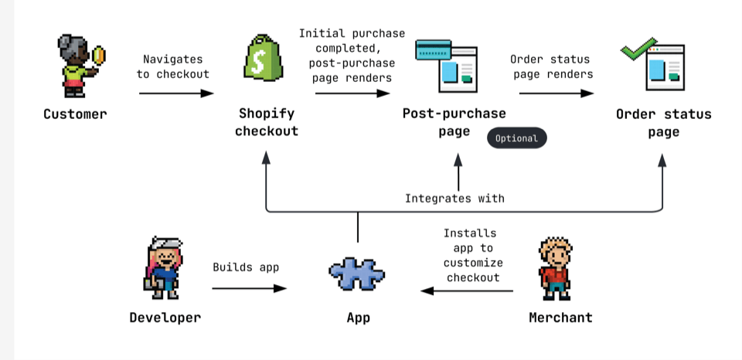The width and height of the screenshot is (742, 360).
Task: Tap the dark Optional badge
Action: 516,138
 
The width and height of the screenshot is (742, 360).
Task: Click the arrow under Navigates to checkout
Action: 176,93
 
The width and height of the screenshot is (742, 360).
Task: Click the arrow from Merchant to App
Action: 467,291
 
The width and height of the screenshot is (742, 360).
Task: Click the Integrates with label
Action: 454,199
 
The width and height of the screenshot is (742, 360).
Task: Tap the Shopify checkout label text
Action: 267,123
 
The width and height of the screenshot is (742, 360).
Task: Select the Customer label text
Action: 75,114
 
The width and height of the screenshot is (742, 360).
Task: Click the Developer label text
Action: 165,318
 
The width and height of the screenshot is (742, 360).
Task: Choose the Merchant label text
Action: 560,318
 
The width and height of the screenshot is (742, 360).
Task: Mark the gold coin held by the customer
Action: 99,55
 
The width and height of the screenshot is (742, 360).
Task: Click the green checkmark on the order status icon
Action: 638,48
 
